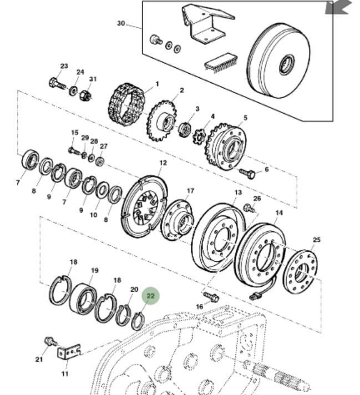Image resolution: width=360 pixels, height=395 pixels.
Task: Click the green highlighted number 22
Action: click(x=150, y=296)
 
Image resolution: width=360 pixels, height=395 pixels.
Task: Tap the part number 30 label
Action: click(x=121, y=23)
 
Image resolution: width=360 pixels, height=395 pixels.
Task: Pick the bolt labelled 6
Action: click(x=247, y=174)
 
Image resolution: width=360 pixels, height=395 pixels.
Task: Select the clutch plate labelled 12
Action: click(x=144, y=205)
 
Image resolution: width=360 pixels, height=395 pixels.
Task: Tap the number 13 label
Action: click(x=237, y=193)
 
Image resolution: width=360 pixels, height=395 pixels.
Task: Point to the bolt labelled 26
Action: click(x=249, y=209)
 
